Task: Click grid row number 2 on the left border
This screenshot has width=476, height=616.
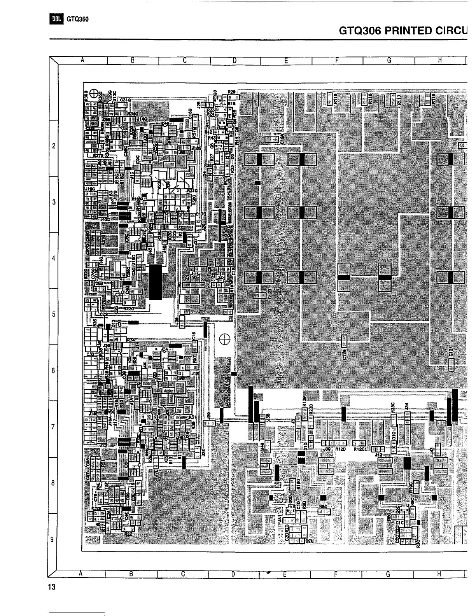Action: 53,146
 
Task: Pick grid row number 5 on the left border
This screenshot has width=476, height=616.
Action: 53,314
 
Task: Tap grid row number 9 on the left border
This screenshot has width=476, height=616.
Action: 53,539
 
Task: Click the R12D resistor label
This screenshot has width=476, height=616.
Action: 341,449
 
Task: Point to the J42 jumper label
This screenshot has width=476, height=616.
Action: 378,454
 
